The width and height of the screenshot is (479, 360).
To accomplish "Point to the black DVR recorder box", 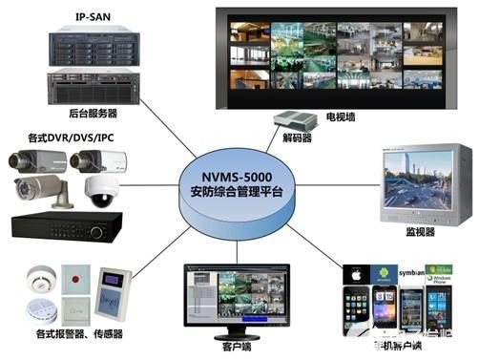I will [66, 226].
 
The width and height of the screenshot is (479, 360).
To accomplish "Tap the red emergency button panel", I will [77, 284].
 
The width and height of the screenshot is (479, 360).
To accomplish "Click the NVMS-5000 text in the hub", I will [238, 176].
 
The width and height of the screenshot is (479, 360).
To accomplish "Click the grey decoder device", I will [295, 121].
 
